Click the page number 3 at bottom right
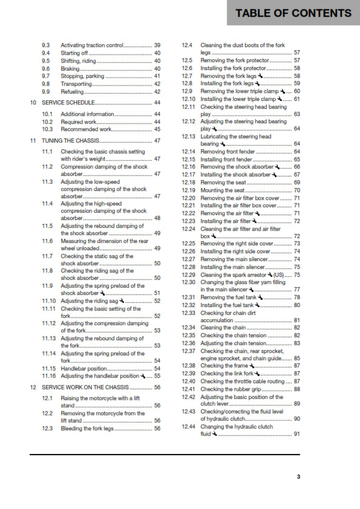coord(298,476)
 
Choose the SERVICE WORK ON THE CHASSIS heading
coord(85,387)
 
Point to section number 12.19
coord(189,190)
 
